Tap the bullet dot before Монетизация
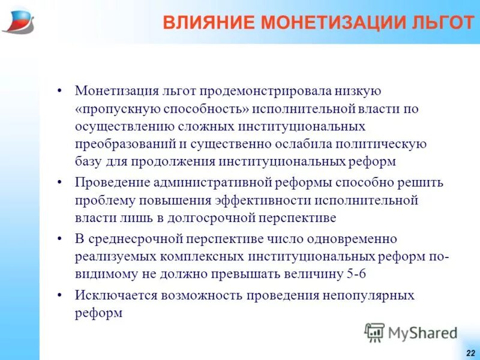pos(59,91)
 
